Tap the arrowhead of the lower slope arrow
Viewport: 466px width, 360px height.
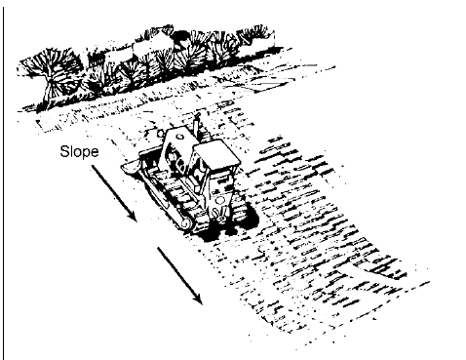click(199, 299)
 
